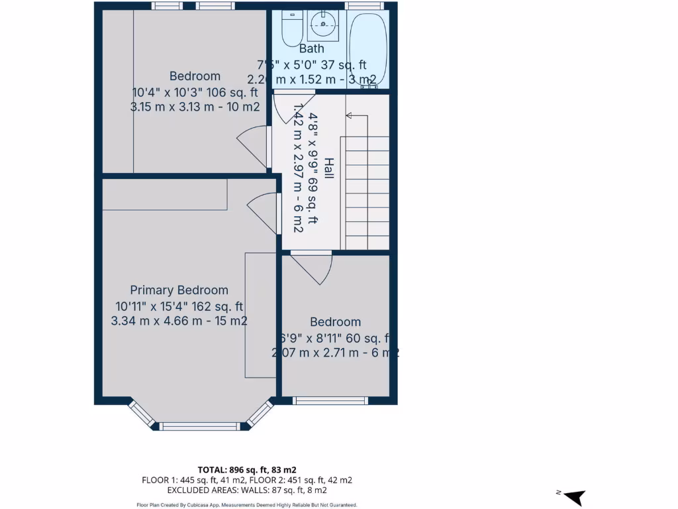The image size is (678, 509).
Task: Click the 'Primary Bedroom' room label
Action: pyautogui.click(x=179, y=290)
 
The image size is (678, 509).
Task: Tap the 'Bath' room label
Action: pyautogui.click(x=311, y=48)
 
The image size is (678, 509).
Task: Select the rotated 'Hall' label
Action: pyautogui.click(x=328, y=169)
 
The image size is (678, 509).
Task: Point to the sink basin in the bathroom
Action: pyautogui.click(x=324, y=25)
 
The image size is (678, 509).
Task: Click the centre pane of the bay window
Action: pyautogui.click(x=199, y=426)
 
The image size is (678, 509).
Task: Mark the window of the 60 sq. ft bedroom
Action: pyautogui.click(x=330, y=400)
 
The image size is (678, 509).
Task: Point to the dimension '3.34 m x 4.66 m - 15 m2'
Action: pyautogui.click(x=179, y=321)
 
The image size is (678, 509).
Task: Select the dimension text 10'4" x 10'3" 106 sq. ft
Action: pyautogui.click(x=195, y=92)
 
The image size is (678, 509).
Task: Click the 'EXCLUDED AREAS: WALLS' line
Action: pyautogui.click(x=247, y=490)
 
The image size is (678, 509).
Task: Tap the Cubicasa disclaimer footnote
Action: pyautogui.click(x=247, y=505)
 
